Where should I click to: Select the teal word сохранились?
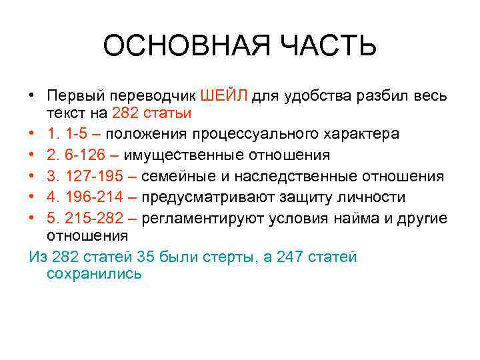click(x=94, y=274)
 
